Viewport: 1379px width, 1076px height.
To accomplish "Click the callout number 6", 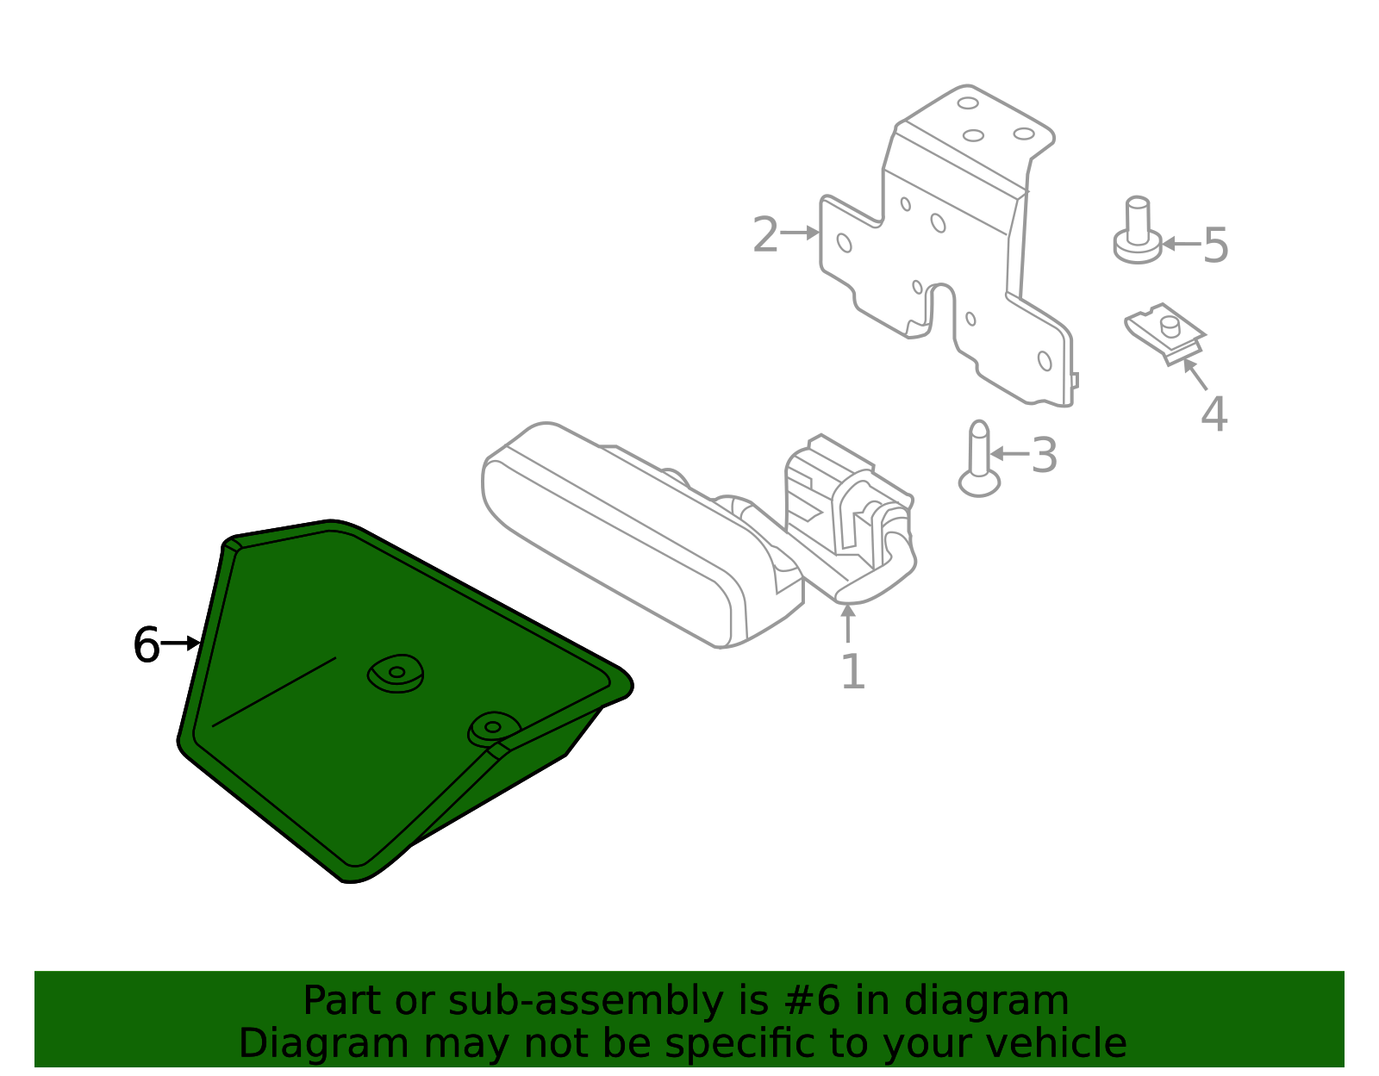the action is [147, 645].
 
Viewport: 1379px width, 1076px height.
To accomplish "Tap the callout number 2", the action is [765, 234].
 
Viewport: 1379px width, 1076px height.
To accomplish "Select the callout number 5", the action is [1216, 246].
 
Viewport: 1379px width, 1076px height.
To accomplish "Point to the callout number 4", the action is [1214, 414].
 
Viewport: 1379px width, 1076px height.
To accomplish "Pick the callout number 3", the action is [1044, 455].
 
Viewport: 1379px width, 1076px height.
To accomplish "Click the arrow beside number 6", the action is [182, 643].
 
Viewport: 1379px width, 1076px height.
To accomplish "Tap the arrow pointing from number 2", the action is [800, 233].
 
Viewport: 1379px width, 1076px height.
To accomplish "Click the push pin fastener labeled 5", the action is [1138, 230].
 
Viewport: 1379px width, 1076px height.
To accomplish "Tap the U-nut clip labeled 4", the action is [1164, 333].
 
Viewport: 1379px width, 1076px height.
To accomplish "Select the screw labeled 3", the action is [979, 457].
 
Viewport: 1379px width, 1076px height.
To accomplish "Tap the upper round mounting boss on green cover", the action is [396, 673].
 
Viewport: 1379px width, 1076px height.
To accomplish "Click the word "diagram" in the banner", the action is [986, 1000].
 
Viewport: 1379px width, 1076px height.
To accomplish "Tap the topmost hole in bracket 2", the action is [968, 103].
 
